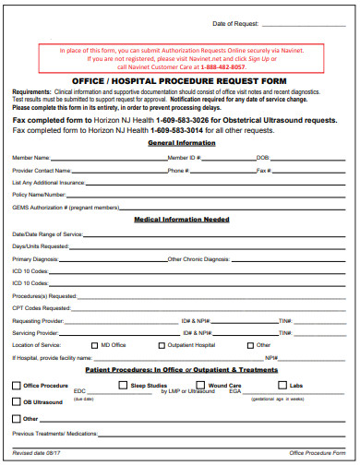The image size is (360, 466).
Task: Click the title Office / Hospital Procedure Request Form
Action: point(180,80)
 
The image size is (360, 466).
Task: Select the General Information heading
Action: point(181,143)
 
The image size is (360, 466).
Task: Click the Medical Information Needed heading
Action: point(182,221)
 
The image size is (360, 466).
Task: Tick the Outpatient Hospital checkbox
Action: point(161,344)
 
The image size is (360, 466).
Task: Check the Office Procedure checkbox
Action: point(16,385)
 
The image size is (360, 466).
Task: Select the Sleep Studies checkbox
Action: point(124,384)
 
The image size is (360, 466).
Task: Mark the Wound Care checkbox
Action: point(201,384)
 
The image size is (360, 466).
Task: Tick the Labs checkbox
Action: point(282,384)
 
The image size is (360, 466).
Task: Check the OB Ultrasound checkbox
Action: point(16,401)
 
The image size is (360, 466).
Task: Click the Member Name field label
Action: point(30,158)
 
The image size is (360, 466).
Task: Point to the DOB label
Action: point(263,158)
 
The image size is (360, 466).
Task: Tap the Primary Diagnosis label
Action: point(35,259)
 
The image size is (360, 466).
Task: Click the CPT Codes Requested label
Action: point(42,307)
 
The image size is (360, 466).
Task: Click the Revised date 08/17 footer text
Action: point(35,453)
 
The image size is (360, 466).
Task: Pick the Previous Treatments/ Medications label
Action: point(54,433)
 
